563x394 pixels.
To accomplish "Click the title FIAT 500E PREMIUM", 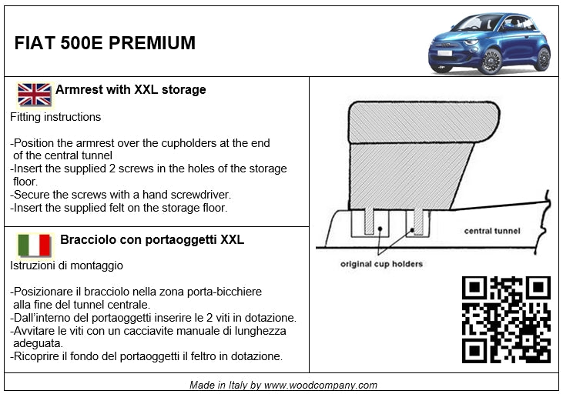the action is tap(105, 43).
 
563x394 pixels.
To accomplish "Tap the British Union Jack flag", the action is tap(35, 95).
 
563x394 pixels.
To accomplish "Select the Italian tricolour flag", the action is tap(35, 245).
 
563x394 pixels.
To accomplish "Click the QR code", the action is tap(506, 319).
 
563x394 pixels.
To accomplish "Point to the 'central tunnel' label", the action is tap(492, 231).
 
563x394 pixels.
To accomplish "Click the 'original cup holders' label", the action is tap(381, 264).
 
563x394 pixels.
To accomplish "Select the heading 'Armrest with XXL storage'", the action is tap(131, 89).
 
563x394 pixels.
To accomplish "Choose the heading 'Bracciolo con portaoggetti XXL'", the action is tap(152, 239).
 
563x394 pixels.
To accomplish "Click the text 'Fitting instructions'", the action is tap(55, 117).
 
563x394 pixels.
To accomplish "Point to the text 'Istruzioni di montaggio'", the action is tap(66, 265).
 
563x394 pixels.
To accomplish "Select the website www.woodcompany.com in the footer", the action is tap(320, 385).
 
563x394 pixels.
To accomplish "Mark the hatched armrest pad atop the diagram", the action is tap(424, 122).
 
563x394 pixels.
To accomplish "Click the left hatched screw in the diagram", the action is tap(369, 222).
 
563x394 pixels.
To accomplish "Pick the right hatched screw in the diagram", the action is tap(418, 222).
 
